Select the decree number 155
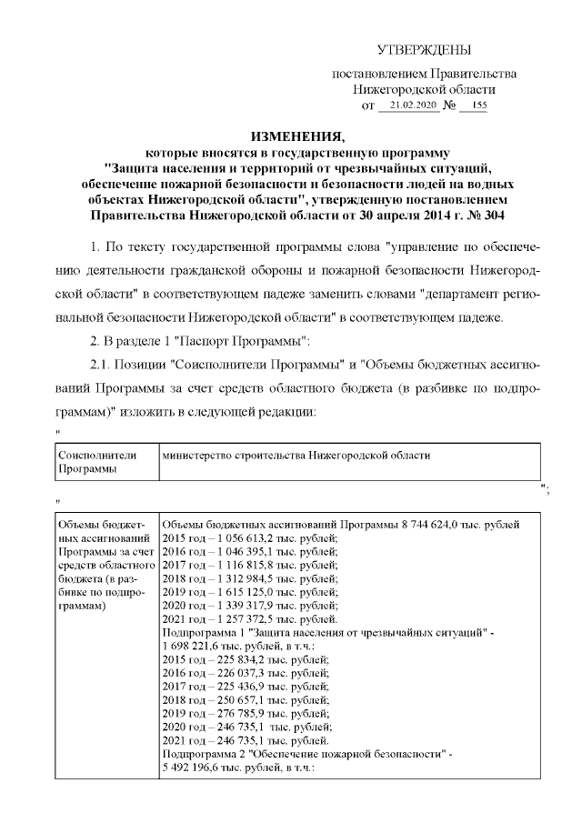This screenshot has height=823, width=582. (x=474, y=105)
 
